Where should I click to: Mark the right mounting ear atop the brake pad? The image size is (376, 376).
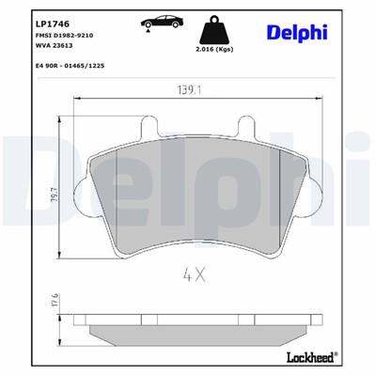point(250,125)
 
